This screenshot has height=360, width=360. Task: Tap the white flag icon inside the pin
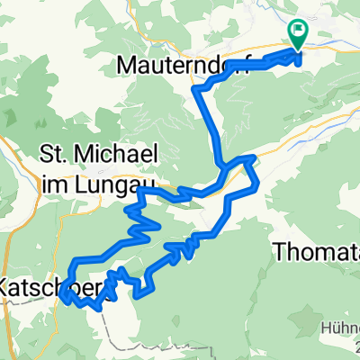click(x=298, y=31)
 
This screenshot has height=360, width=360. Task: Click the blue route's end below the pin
click(x=298, y=52)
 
